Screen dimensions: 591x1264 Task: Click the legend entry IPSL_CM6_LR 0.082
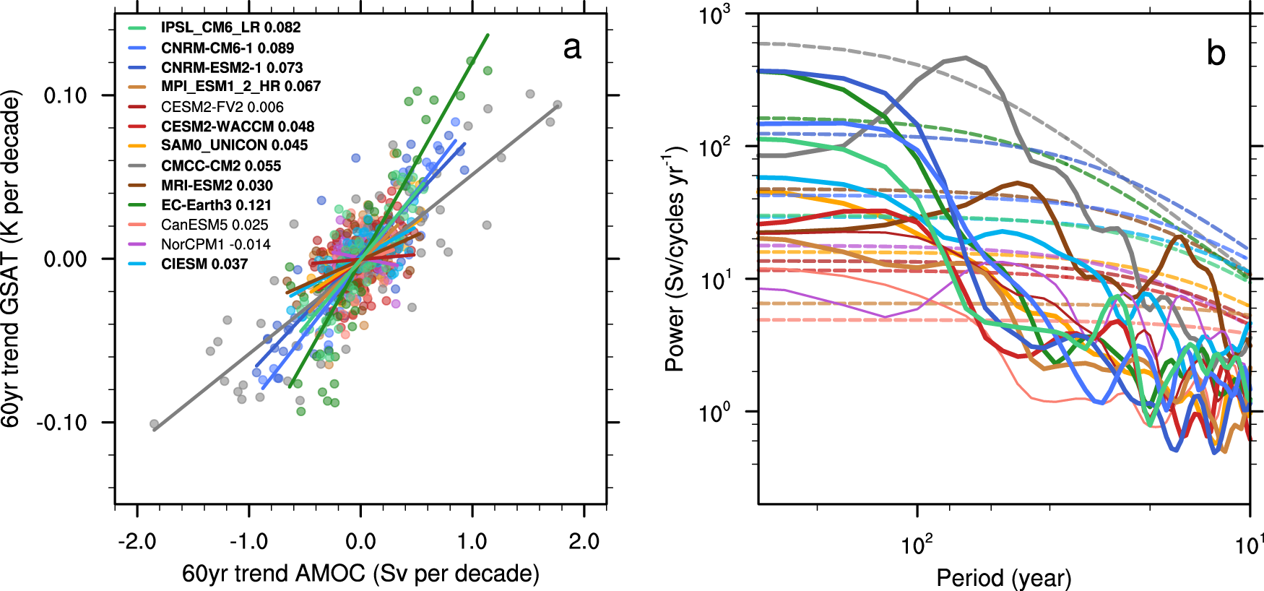point(230,27)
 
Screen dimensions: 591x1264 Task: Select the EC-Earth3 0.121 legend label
point(216,205)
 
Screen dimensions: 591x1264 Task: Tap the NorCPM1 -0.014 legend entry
point(215,244)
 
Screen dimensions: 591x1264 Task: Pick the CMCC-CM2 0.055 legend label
point(220,165)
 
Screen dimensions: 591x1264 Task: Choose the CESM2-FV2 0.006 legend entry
point(222,106)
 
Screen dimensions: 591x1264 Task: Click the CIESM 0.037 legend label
point(204,264)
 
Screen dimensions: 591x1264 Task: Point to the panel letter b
point(1216,53)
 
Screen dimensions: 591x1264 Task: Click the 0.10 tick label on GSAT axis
point(65,95)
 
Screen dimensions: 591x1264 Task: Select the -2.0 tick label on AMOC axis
point(137,541)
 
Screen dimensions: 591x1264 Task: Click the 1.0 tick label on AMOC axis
point(472,541)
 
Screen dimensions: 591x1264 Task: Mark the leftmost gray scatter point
point(154,424)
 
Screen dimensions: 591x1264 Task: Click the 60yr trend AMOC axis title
point(360,574)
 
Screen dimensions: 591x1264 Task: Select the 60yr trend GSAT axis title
point(12,259)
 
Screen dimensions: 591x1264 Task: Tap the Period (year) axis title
point(1003,577)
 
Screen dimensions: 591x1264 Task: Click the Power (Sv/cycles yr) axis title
point(675,259)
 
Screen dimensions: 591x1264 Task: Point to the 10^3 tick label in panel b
point(714,14)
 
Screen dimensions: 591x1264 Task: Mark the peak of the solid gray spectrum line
point(966,57)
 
